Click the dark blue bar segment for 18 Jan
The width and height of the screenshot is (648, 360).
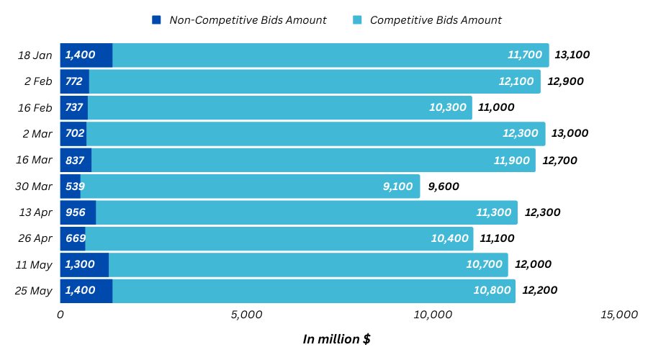click(x=86, y=55)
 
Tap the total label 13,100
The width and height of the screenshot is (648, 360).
click(x=572, y=55)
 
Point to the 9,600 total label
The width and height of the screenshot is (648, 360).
click(x=444, y=186)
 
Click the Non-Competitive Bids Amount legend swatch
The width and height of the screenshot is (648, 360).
click(x=156, y=20)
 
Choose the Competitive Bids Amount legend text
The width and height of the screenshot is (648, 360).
click(x=436, y=20)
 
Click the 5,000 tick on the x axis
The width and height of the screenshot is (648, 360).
click(x=246, y=315)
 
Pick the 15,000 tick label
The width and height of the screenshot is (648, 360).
click(x=618, y=315)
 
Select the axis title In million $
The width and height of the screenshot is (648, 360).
click(x=336, y=339)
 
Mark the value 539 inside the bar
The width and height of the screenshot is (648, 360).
click(x=75, y=186)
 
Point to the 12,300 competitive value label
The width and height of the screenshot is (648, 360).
click(x=520, y=133)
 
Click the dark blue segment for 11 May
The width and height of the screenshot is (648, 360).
click(x=84, y=265)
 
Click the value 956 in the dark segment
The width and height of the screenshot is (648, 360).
click(x=76, y=212)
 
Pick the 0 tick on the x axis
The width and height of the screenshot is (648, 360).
click(x=60, y=315)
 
